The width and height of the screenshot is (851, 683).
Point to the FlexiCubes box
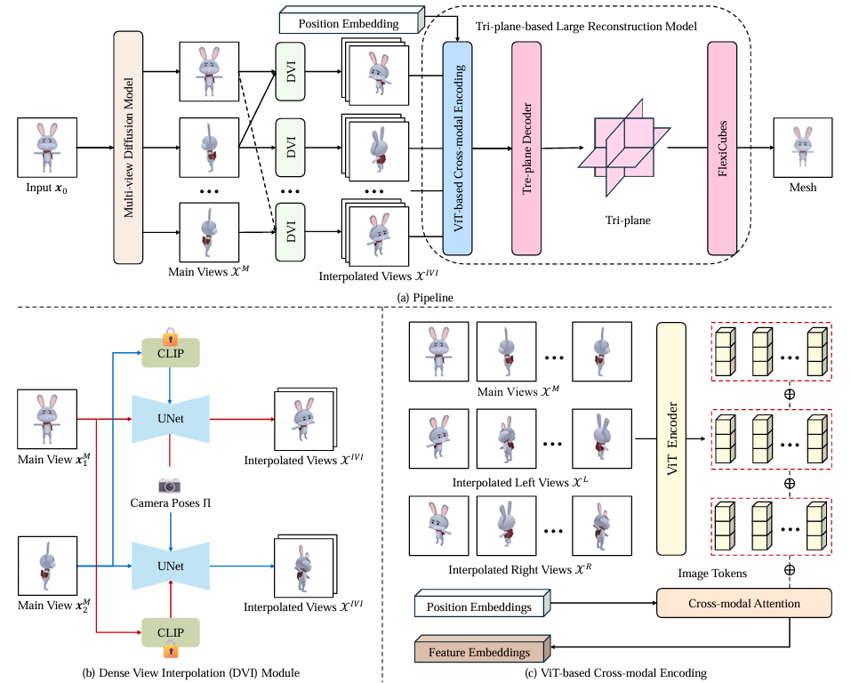[x=722, y=148]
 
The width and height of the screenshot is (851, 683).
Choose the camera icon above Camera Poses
[x=170, y=485]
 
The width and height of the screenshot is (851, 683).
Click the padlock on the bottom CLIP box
[x=170, y=650]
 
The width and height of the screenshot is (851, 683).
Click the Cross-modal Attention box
[x=743, y=603]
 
